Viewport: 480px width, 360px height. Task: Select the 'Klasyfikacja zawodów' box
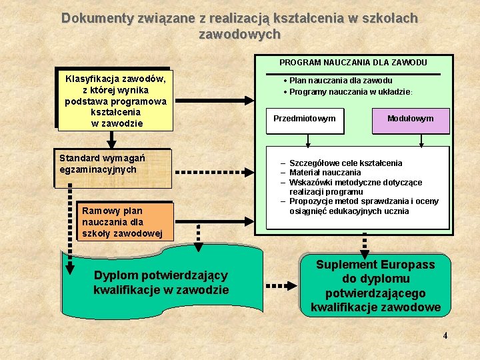point(115,101)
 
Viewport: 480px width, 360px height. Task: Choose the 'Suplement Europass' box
point(375,285)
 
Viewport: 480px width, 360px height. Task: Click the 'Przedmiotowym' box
point(305,119)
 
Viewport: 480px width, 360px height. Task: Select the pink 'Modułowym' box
point(410,119)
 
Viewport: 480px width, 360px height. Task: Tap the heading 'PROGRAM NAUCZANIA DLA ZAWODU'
point(353,63)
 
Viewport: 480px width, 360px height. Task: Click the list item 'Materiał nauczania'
point(325,173)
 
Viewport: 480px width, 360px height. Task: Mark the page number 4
point(445,335)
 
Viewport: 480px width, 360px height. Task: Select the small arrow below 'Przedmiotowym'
point(307,141)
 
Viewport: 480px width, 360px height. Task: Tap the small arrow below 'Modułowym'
point(422,141)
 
